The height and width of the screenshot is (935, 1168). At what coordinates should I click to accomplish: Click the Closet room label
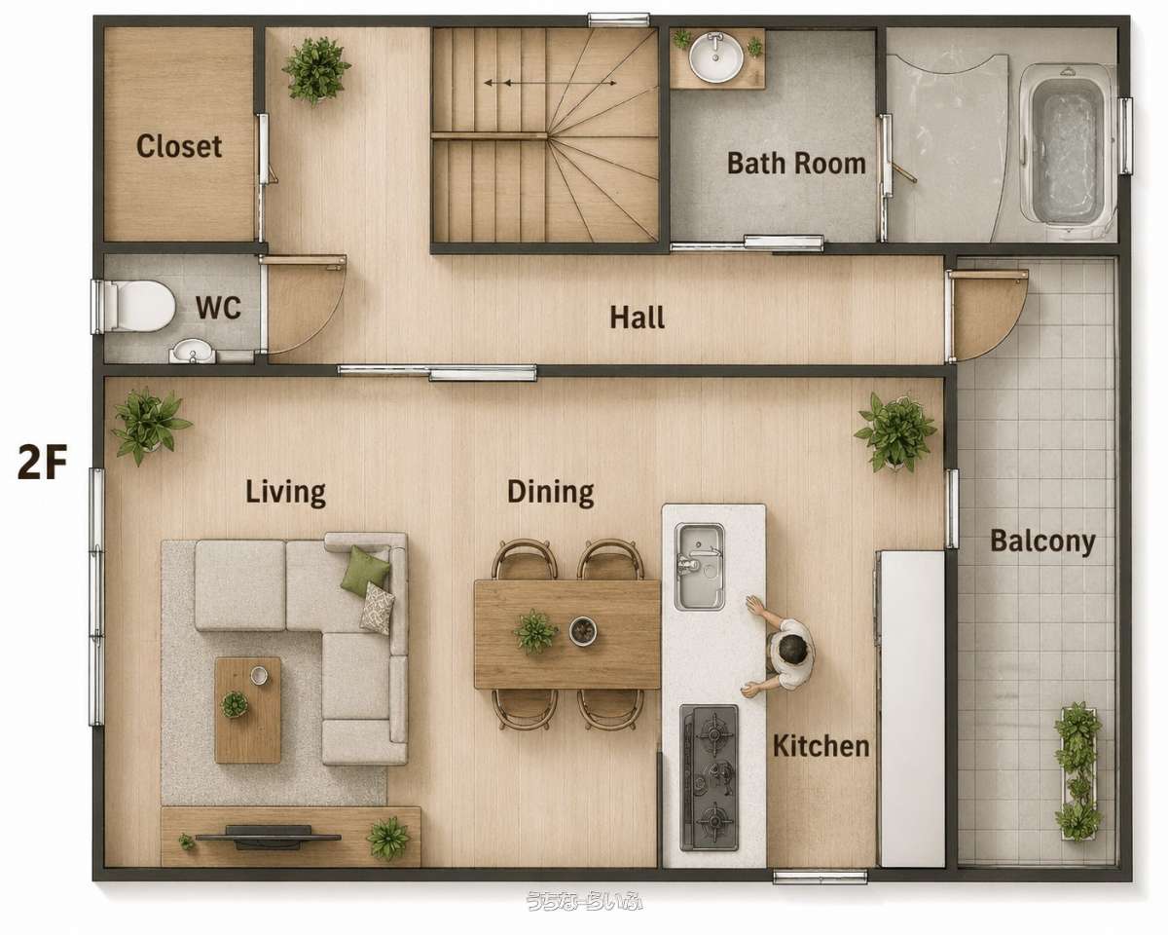pyautogui.click(x=179, y=147)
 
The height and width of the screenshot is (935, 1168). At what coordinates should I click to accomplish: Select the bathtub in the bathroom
pyautogui.click(x=1066, y=151)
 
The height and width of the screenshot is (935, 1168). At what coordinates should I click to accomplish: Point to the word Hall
pyautogui.click(x=637, y=318)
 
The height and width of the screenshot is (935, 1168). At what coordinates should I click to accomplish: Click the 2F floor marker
pyautogui.click(x=42, y=462)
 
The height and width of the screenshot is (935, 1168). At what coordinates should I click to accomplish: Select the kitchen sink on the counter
pyautogui.click(x=699, y=567)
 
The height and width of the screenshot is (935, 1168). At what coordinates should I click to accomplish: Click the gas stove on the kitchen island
pyautogui.click(x=710, y=777)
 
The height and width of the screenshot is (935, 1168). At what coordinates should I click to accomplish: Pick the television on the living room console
pyautogui.click(x=268, y=836)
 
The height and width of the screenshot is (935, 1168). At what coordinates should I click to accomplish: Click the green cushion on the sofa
pyautogui.click(x=365, y=571)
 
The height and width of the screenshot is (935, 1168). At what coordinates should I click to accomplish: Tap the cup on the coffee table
pyautogui.click(x=259, y=675)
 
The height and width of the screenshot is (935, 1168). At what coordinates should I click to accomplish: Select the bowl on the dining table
pyautogui.click(x=583, y=631)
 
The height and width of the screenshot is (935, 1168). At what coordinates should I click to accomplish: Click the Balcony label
pyautogui.click(x=1042, y=542)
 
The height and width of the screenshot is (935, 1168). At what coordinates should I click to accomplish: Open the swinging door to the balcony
pyautogui.click(x=988, y=316)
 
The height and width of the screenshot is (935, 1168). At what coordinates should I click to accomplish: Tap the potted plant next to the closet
pyautogui.click(x=316, y=70)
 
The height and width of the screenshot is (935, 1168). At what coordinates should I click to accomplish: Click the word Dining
pyautogui.click(x=550, y=492)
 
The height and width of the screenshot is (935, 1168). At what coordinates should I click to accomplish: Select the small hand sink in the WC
pyautogui.click(x=192, y=352)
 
